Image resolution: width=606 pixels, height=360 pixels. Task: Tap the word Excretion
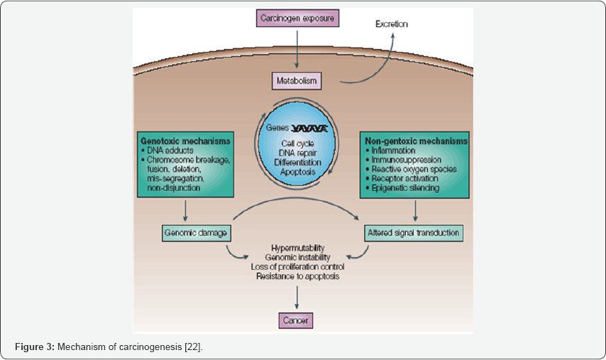pyautogui.click(x=391, y=24)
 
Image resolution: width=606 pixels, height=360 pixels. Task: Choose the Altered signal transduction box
pyautogui.click(x=414, y=232)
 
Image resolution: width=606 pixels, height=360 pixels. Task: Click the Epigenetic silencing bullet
pyautogui.click(x=404, y=189)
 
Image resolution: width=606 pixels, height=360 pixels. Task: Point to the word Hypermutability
pyautogui.click(x=295, y=246)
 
